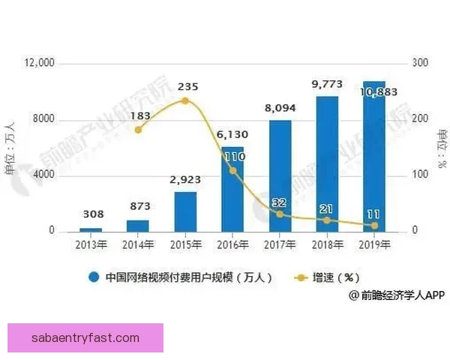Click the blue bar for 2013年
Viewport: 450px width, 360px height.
[x=91, y=229]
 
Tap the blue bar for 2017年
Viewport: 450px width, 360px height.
[x=280, y=175]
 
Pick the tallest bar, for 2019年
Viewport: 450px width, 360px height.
[x=374, y=156]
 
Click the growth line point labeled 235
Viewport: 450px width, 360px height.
[x=185, y=100]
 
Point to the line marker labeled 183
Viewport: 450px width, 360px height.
[x=138, y=130]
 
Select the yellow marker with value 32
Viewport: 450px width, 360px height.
[x=280, y=214]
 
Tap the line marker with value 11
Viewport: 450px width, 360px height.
[x=374, y=225]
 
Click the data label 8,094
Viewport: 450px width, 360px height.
[x=280, y=109]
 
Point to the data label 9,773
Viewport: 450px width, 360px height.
[x=327, y=84]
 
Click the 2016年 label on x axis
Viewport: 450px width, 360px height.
[x=232, y=243]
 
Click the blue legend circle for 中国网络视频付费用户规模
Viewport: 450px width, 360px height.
[x=94, y=277]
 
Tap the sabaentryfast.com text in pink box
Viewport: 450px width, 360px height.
[x=85, y=338]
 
